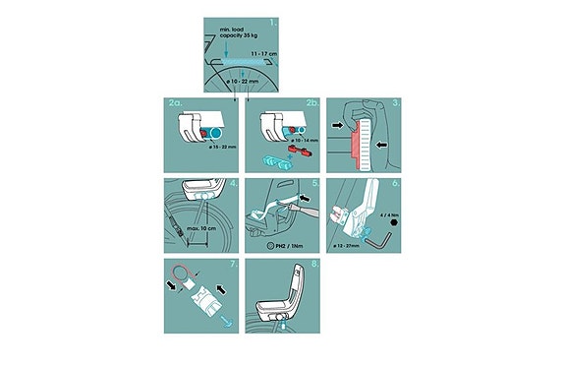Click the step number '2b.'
click(x=309, y=103)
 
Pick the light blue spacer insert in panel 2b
click(x=274, y=159)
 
